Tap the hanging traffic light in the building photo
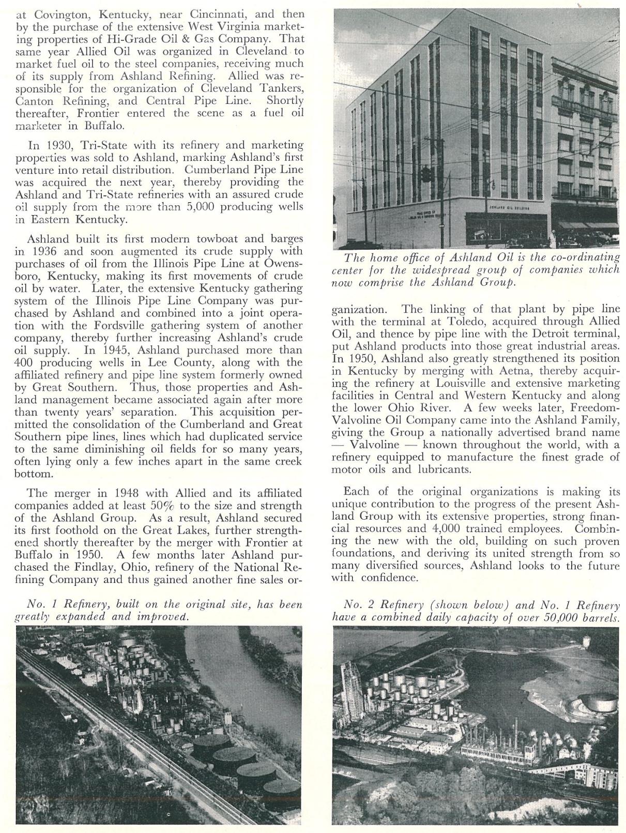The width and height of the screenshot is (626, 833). [425, 175]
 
